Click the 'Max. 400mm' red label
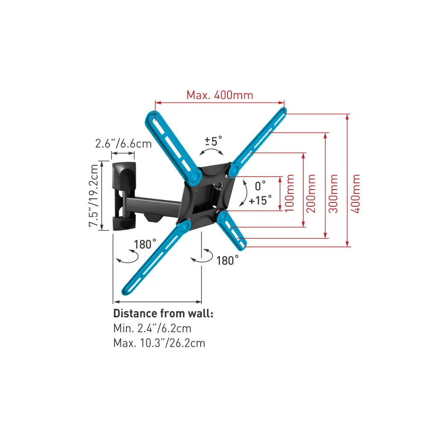pos(220,95)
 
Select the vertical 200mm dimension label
pos(311,193)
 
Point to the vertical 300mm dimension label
pos(333,193)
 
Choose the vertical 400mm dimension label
pos(355,193)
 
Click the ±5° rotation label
pos(213,141)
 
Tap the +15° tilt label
pos(260,200)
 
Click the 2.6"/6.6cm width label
pos(123,143)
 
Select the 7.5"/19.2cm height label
pos(94,196)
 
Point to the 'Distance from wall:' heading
pos(163,313)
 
